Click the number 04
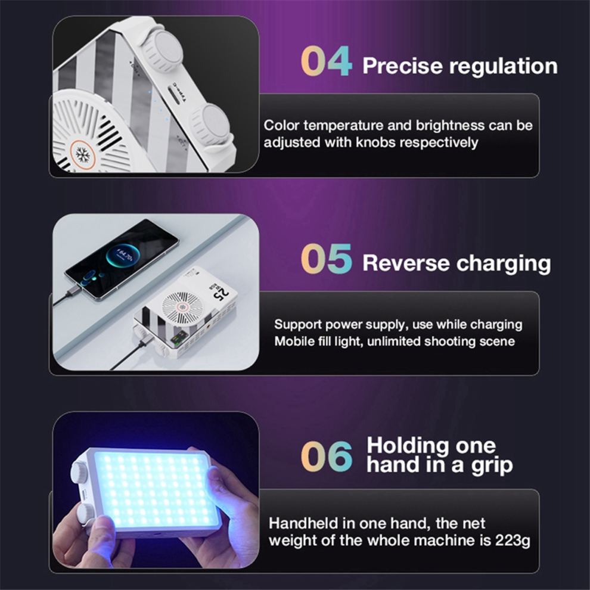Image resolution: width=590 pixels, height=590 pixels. click(x=326, y=61)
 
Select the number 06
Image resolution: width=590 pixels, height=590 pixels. click(x=326, y=456)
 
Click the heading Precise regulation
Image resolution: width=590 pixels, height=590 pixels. click(x=459, y=66)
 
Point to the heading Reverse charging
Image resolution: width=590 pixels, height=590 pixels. click(x=457, y=263)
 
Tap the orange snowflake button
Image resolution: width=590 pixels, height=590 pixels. click(x=83, y=154)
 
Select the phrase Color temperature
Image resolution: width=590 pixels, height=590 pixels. click(x=314, y=126)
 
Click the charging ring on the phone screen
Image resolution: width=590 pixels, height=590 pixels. click(x=122, y=256)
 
